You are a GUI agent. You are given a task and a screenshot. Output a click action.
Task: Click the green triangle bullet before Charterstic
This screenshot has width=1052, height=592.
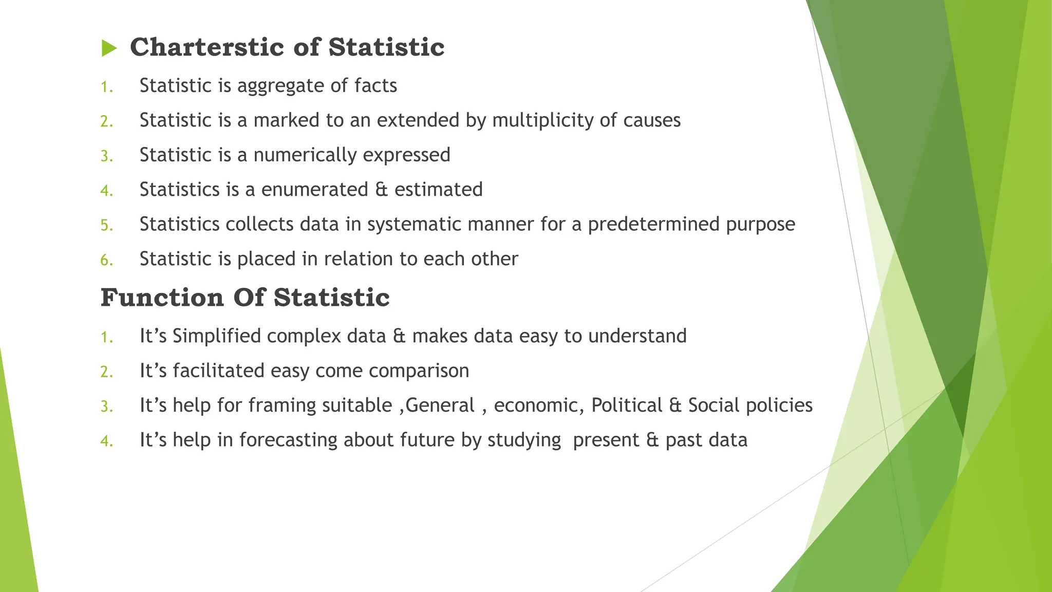coord(109,48)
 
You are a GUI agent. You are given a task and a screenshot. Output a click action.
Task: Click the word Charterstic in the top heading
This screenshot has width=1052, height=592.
coord(206,47)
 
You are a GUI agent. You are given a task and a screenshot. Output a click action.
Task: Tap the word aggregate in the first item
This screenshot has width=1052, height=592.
coord(280,86)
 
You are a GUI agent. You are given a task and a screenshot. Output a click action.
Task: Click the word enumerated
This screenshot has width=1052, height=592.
coord(314,190)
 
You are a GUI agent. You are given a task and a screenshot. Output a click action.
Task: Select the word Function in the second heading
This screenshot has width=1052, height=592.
coord(162,298)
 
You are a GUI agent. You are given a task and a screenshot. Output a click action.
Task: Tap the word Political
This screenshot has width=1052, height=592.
coord(627,405)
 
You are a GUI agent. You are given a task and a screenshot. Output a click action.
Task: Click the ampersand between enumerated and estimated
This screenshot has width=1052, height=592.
coord(381,190)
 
